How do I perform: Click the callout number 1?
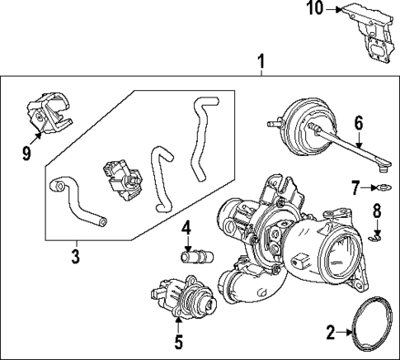pos(261,62)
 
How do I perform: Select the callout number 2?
pos(331,334)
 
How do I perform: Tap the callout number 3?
pos(75,256)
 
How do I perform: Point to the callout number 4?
pos(187,227)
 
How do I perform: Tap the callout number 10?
pos(313,9)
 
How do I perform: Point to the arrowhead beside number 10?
pos(337,9)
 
